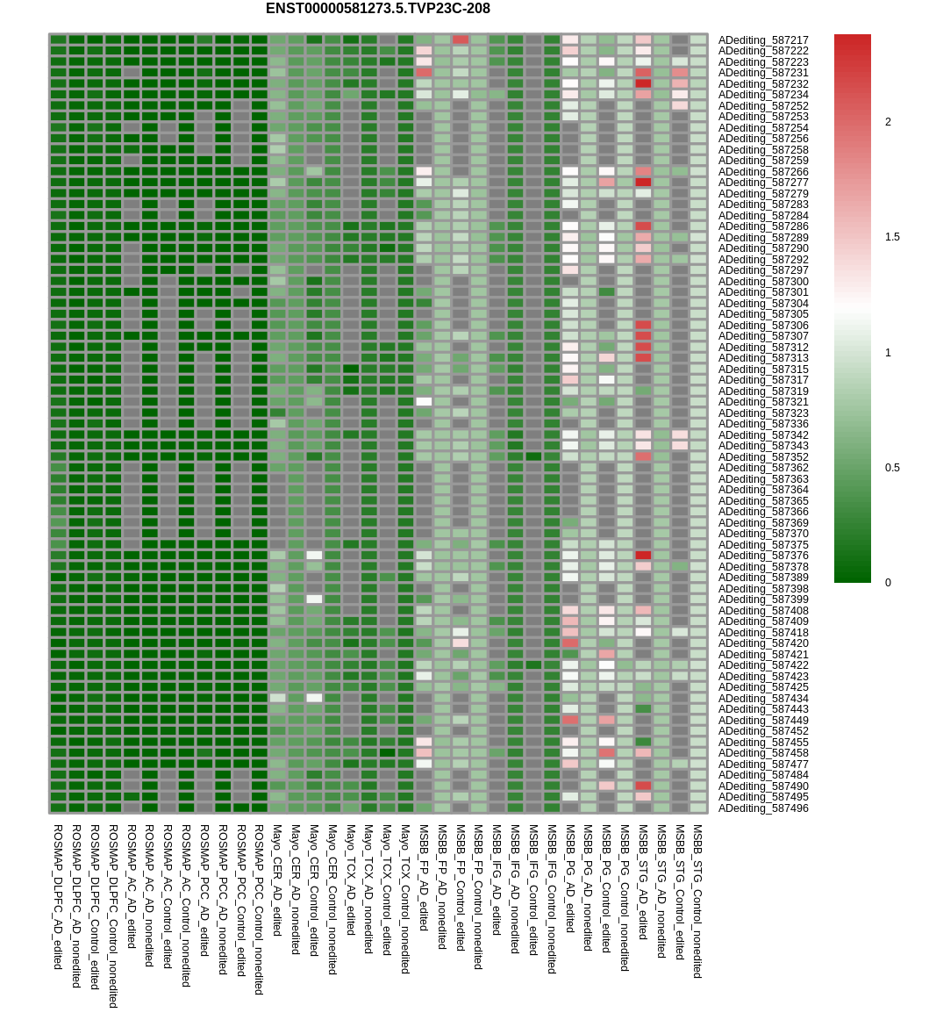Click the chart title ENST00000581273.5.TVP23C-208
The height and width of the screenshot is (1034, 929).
[377, 9]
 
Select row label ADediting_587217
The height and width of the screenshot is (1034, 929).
[763, 40]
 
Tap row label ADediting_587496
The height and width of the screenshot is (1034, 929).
[763, 808]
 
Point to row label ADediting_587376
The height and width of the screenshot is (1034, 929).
[763, 556]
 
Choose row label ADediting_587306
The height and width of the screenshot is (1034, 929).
[763, 326]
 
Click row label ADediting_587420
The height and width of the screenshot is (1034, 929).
[763, 643]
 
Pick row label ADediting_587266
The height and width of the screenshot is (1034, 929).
[763, 172]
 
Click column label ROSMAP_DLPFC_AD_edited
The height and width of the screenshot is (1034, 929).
[58, 897]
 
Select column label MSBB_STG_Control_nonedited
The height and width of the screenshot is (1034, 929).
[697, 901]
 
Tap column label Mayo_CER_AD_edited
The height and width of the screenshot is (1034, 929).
[277, 880]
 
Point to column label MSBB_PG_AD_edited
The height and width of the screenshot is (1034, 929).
[570, 879]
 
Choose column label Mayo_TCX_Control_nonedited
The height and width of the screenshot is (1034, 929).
[405, 899]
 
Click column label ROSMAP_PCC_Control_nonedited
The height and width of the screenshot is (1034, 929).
[259, 909]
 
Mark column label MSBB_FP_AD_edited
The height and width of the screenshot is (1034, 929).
[424, 878]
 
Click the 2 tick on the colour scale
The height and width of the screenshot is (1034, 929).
[888, 122]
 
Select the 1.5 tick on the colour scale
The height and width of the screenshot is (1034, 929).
[892, 237]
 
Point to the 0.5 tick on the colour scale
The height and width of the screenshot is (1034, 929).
[892, 468]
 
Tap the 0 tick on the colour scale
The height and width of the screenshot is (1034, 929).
[888, 583]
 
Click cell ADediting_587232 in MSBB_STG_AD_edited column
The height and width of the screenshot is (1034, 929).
[643, 83]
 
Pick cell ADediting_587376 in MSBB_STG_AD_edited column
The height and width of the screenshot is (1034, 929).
[643, 556]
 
